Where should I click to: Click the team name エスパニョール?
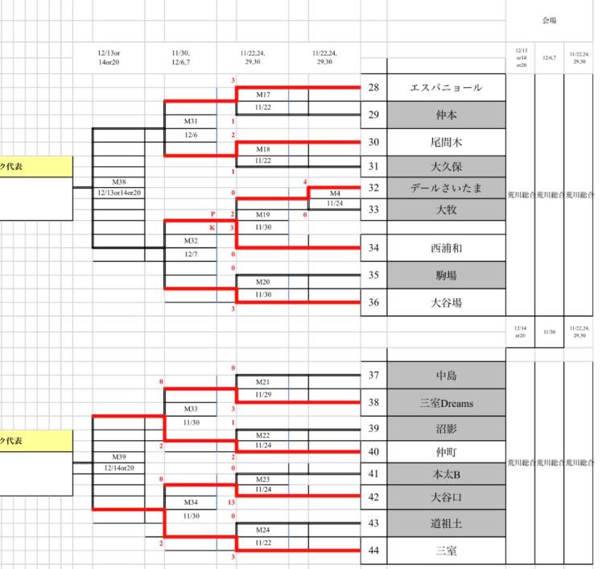click(x=446, y=87)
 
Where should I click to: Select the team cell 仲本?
click(x=446, y=114)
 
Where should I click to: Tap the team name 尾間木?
click(x=446, y=142)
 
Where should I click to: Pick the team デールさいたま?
click(x=446, y=188)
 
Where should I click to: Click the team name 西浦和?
click(x=446, y=248)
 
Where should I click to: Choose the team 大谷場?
click(x=446, y=303)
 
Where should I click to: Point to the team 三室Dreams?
click(x=446, y=402)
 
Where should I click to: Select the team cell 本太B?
click(x=446, y=474)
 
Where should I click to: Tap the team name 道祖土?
click(x=446, y=524)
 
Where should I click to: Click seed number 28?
click(x=373, y=87)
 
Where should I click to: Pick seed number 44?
click(x=373, y=551)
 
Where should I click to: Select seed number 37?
click(x=373, y=375)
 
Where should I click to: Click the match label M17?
click(x=262, y=94)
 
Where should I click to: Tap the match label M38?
click(x=119, y=181)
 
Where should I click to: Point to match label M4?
click(x=335, y=193)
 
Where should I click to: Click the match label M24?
click(x=262, y=530)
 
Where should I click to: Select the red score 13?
click(x=231, y=502)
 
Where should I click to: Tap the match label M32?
click(x=191, y=240)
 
